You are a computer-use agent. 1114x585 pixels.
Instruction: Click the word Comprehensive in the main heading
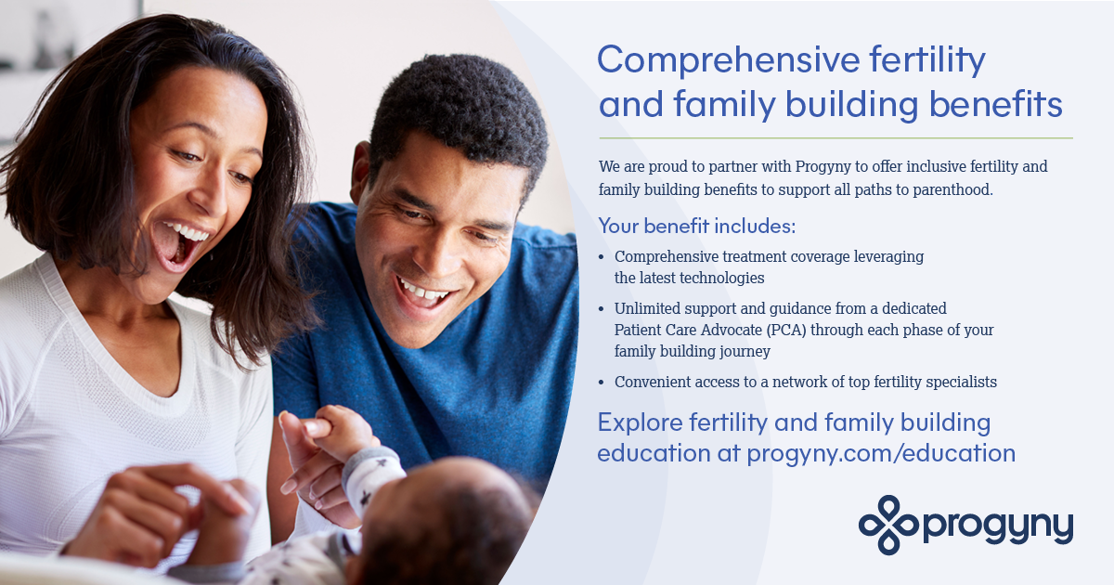pyautogui.click(x=728, y=60)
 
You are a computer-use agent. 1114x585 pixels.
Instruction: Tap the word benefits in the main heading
pyautogui.click(x=995, y=104)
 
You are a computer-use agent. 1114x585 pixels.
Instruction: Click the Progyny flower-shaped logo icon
pyautogui.click(x=888, y=525)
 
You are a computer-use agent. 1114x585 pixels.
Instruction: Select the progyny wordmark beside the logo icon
pyautogui.click(x=998, y=528)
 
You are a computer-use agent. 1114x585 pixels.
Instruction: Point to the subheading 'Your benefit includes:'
pyautogui.click(x=697, y=226)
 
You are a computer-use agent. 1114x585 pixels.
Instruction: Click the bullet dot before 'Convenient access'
pyautogui.click(x=602, y=383)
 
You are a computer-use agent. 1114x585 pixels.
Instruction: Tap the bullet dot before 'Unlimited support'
pyautogui.click(x=602, y=309)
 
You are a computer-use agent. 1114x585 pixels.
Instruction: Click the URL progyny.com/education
pyautogui.click(x=881, y=454)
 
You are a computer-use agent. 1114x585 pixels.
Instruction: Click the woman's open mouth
pyautogui.click(x=177, y=244)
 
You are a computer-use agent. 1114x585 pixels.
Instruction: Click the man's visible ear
pyautogui.click(x=360, y=172)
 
